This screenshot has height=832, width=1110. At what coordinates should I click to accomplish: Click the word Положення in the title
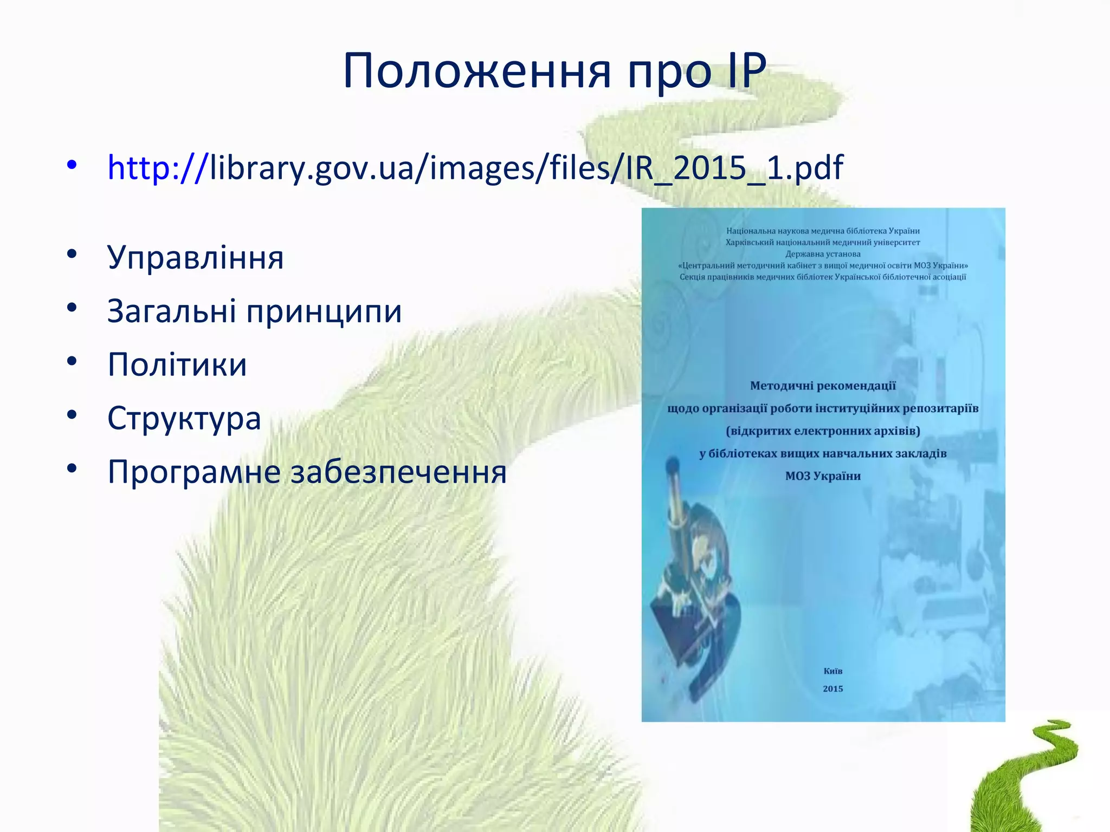477,71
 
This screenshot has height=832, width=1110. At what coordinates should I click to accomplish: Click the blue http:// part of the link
158,167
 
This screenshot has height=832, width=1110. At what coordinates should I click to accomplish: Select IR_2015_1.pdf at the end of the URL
734,167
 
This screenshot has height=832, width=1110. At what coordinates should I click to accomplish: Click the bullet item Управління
195,257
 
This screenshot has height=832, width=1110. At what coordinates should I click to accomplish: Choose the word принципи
324,312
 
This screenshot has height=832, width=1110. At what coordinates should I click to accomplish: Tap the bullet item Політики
177,364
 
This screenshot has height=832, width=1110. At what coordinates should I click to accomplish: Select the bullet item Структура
184,418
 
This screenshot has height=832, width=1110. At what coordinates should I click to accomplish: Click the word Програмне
193,472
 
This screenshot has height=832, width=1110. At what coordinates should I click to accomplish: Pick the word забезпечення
398,472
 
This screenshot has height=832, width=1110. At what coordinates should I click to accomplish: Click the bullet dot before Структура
72,415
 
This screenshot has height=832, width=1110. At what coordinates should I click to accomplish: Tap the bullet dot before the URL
72,164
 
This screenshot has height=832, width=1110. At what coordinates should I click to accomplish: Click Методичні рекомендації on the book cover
823,386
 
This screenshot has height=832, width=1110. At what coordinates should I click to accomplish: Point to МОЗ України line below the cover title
823,476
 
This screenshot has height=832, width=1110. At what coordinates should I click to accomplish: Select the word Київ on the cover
832,671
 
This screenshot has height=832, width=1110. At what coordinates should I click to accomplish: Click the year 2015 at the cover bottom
832,689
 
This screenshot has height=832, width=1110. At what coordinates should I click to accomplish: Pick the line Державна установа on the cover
823,254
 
